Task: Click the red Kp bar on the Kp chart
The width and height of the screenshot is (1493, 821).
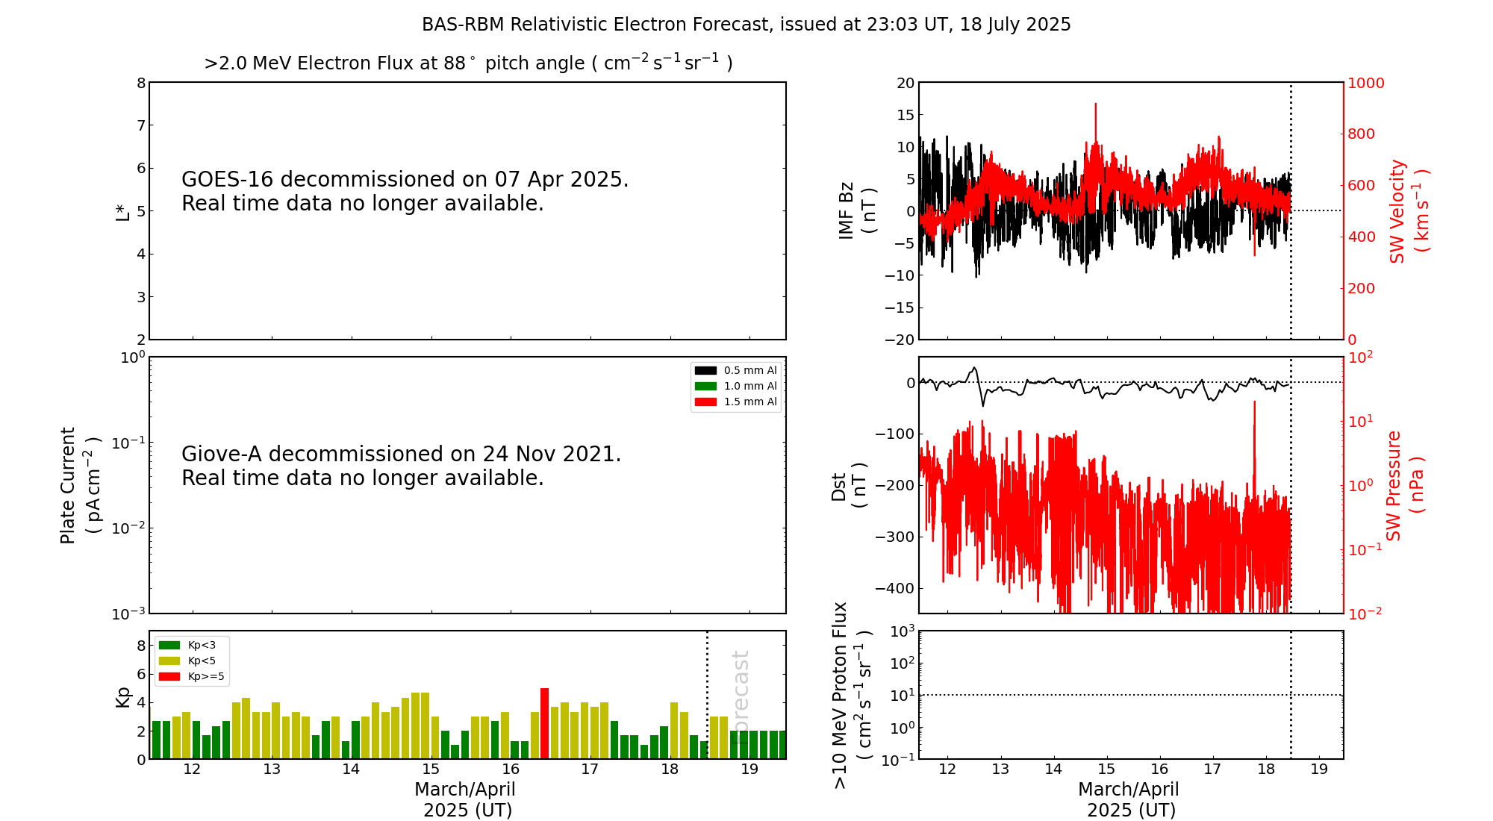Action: tap(544, 723)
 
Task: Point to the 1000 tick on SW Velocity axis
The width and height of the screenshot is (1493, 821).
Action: tap(1365, 83)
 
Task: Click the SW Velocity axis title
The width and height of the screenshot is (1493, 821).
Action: tap(1408, 211)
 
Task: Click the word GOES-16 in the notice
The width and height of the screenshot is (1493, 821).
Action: tap(227, 180)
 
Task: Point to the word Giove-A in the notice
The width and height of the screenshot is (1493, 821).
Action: tap(222, 455)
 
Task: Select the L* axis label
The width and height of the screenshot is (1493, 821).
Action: tap(122, 212)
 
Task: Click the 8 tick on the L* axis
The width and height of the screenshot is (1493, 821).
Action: tap(141, 83)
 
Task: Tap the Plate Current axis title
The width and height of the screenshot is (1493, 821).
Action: tap(79, 485)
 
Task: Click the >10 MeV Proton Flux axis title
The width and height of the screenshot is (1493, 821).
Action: tap(852, 695)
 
